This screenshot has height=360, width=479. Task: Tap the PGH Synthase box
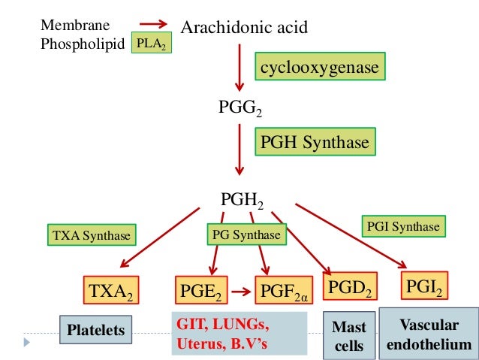(315, 141)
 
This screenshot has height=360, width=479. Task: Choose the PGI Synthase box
(403, 226)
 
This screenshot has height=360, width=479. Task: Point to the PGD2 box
(351, 286)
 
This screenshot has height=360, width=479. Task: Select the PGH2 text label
(242, 199)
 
